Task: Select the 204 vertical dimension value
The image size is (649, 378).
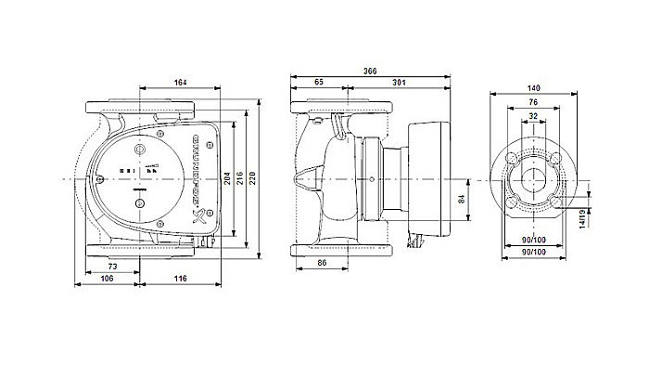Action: pos(227,179)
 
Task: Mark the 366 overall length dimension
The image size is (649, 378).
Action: pos(370,71)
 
